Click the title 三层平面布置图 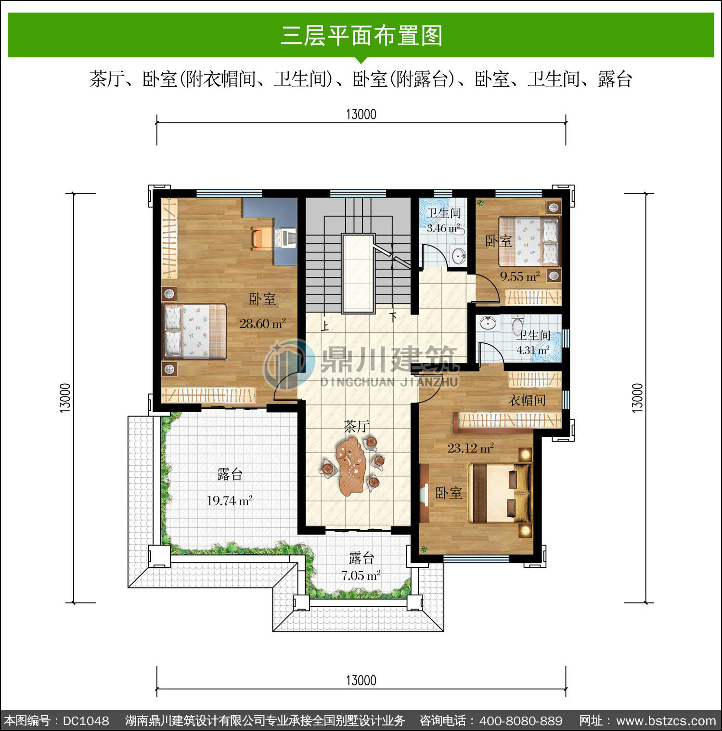[361, 36]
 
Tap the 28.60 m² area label [262, 323]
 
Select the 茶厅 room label [357, 426]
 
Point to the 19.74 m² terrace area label [229, 500]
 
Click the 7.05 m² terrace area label [361, 575]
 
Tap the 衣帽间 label [527, 400]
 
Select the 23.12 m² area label [470, 448]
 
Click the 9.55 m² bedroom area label [520, 276]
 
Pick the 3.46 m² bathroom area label [443, 228]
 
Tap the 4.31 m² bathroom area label [533, 350]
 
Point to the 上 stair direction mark [325, 326]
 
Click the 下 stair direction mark [394, 317]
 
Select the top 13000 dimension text [361, 115]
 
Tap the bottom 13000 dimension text [361, 680]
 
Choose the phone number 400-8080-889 [521, 721]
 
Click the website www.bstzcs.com [666, 721]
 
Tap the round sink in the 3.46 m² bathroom [458, 255]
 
